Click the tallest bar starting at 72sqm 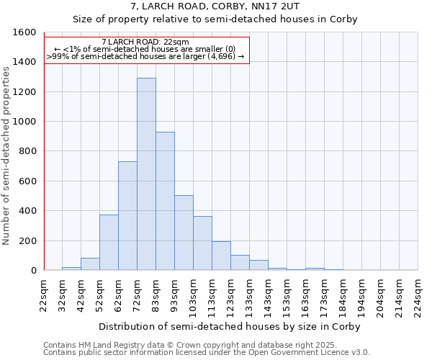pos(146,174)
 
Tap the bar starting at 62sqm pos(127,216)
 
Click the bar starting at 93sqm pos(184,233)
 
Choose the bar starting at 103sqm pos(202,243)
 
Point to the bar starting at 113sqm pos(221,256)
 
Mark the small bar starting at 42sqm pos(90,264)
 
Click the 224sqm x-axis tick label pos(418,294)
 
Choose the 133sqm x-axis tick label pos(250,294)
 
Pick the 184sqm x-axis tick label pos(343,294)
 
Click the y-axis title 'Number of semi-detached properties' pos(6,153)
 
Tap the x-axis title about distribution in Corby pos(230,326)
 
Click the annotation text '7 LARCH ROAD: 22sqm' pos(146,42)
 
